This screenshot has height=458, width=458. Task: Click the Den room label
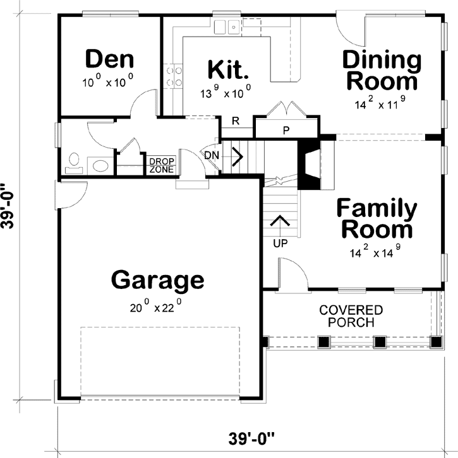[x=110, y=59]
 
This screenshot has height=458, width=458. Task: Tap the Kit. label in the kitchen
[x=228, y=69]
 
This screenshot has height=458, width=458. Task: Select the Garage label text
[x=158, y=280]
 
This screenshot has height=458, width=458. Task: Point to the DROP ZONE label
[x=162, y=165]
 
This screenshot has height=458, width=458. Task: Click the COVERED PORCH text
[x=351, y=316]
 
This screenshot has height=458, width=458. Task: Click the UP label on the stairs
[x=280, y=243]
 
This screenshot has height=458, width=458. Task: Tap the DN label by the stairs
[x=212, y=155]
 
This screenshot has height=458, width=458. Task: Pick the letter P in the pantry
[x=286, y=131]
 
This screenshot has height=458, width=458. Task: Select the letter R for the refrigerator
[x=236, y=120]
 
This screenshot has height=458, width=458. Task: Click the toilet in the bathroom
[x=74, y=163]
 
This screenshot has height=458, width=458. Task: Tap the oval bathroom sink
[x=100, y=166]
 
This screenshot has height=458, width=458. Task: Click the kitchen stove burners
[x=174, y=77]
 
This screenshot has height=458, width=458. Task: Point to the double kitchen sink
[x=227, y=27]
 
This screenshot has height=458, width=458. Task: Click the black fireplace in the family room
[x=308, y=165]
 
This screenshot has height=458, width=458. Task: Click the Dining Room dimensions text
[x=380, y=103]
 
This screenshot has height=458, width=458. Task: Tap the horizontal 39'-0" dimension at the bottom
[x=251, y=438]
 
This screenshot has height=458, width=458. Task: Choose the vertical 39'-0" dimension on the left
[x=8, y=206]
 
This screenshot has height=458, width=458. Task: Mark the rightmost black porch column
[x=436, y=341]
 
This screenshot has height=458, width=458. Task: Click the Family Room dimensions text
[x=375, y=251]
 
